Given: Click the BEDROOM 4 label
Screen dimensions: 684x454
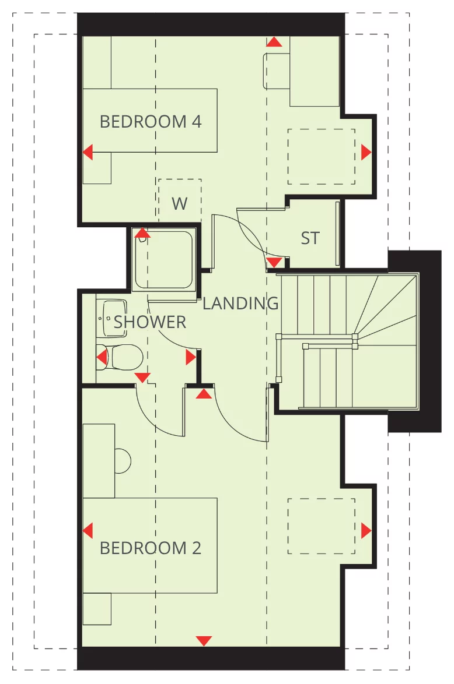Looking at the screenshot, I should pos(151,122).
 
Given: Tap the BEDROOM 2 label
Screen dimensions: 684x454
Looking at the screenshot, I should pos(151,548).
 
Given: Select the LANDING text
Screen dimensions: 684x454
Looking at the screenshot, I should pos(240,304).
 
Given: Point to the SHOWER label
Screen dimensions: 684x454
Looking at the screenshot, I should pos(150,322).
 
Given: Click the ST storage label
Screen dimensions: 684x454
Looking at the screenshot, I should pos(310,238).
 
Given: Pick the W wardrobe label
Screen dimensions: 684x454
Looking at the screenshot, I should pos(180,204).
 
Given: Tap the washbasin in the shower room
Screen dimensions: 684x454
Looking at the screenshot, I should pos(113,318).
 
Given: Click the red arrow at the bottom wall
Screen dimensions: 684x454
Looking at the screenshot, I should pos(204,641).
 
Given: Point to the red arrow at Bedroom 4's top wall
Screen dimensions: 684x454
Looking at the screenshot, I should pos(274,42).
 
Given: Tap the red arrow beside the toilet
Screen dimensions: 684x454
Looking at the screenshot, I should pos(102,357).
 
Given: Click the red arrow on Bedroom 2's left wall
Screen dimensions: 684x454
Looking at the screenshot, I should pos(88,531).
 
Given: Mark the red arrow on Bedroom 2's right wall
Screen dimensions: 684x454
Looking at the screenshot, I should pos(366,531).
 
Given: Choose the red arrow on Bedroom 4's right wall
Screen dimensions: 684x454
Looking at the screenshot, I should pos(366,153).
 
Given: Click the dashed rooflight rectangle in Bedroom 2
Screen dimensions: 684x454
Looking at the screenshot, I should pos(321,526).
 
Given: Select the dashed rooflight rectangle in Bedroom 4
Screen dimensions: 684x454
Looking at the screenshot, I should pos(321,157).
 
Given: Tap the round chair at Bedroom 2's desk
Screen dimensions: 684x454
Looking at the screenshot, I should pos(123,461).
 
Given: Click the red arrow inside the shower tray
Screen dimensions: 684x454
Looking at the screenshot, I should pos(142,234).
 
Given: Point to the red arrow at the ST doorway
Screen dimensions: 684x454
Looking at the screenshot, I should pos(274,262).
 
